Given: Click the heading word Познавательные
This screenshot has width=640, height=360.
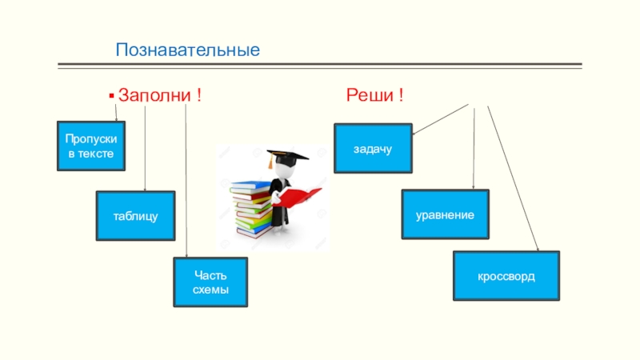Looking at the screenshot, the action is tap(188, 50).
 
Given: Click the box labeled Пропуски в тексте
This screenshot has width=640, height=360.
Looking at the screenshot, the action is tap(91, 146).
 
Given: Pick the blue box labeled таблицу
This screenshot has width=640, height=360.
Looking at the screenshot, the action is tap(135, 216).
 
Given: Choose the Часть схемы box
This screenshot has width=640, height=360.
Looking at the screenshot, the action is tap(211, 282).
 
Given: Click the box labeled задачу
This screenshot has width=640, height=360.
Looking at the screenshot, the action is tap(373, 149).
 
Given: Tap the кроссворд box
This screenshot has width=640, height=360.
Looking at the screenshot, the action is tap(506, 276).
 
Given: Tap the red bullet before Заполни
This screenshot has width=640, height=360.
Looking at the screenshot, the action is tap(112, 96).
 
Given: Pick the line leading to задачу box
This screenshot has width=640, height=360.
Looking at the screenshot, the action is tap(440, 119).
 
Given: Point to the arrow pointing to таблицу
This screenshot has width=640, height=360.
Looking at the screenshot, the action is tap(144, 148).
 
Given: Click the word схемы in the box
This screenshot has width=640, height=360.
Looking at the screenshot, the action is tap(211, 290).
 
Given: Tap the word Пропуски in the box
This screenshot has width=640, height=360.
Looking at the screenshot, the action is tap(91, 139).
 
